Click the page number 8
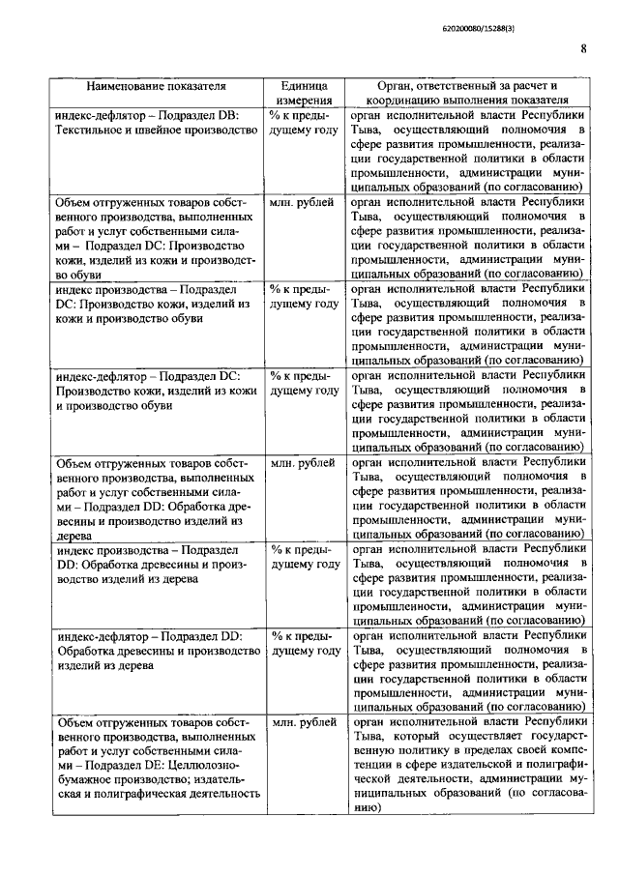(583, 50)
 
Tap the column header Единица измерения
(305, 92)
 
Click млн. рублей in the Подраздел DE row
(304, 723)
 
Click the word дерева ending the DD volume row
(75, 535)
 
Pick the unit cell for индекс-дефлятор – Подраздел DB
(304, 121)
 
